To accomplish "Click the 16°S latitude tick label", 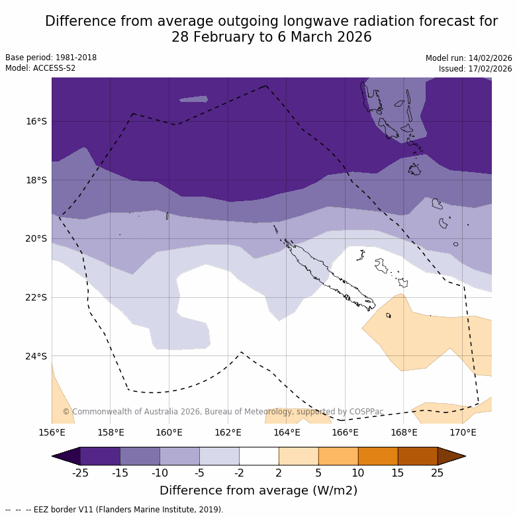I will pos(37,121).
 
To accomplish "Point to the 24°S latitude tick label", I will pos(37,356).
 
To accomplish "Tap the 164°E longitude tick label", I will pos(287,433).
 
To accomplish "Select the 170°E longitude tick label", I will pos(463,433).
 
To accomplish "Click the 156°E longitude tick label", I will pos(52,433).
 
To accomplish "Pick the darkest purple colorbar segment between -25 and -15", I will pos(100,456).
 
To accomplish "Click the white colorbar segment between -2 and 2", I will pos(259,456).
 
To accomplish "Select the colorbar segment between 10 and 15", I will pos(378,456).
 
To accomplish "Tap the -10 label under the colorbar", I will pos(160,473).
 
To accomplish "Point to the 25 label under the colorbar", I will pos(438,473).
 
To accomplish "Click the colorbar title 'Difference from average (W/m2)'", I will pos(258,491).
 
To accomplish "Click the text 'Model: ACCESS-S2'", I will pos(40,68).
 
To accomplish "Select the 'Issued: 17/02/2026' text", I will pos(475,68).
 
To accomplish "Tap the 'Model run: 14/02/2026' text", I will pos(469,58).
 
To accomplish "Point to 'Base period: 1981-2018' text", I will pos(51,58).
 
